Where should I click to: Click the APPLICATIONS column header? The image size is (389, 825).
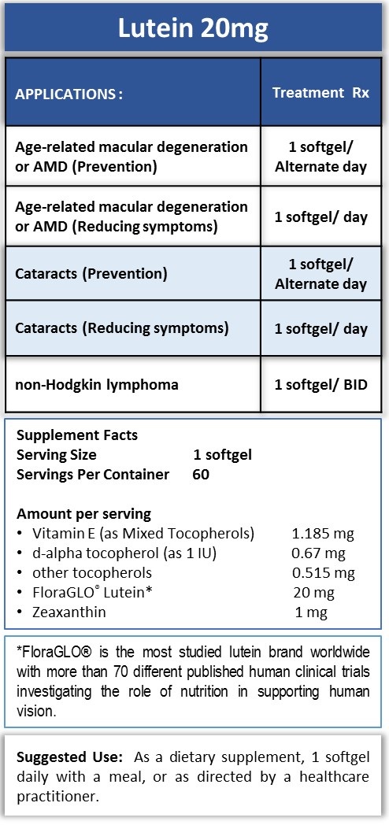pos(69,94)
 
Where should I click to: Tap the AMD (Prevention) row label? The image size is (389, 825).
pos(132,157)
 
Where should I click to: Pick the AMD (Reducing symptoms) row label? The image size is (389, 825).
pos(132,216)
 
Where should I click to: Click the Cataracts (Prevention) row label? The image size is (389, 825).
pos(91,275)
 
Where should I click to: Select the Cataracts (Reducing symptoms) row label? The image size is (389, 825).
pos(122,327)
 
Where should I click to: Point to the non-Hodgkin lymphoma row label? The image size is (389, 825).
pos(97,385)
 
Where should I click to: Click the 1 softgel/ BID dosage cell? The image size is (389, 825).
pos(320,385)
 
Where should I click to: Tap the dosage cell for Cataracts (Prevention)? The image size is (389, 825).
pos(320,275)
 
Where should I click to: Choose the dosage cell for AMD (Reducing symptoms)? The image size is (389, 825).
pos(320,216)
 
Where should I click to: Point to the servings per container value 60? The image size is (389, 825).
pos(201,474)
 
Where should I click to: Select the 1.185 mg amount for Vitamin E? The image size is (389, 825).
pos(323,534)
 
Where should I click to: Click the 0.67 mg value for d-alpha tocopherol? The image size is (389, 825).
pos(319,553)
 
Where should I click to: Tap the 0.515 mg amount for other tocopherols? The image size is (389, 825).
pos(323,572)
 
